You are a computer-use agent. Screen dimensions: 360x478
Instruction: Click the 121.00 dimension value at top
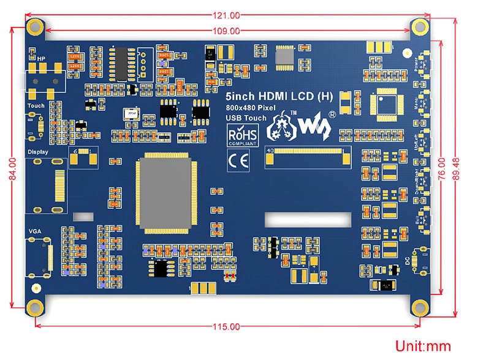click(x=227, y=15)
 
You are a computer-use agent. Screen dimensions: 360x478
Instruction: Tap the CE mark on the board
click(x=236, y=160)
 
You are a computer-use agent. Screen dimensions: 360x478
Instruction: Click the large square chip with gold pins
click(x=165, y=194)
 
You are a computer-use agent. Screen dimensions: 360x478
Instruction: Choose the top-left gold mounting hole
click(x=36, y=26)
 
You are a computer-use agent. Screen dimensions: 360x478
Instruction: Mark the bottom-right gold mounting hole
click(x=419, y=307)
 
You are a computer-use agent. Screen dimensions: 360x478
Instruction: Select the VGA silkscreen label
click(x=34, y=230)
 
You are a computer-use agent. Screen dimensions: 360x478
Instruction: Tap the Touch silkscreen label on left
click(x=36, y=105)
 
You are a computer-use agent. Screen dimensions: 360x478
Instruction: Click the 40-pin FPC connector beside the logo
click(x=305, y=157)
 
